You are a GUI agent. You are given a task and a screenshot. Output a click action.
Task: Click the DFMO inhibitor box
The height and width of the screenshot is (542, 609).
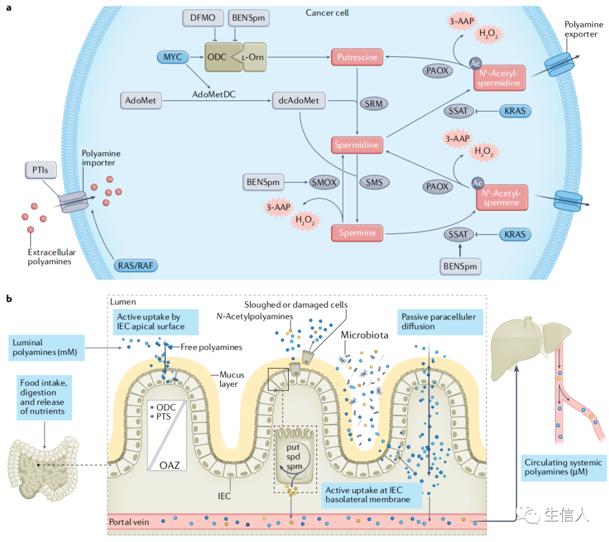(x=203, y=18)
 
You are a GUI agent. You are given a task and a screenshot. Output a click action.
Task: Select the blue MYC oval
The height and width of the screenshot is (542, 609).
(x=173, y=57)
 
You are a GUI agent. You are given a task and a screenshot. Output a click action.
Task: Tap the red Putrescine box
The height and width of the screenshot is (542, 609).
(x=357, y=57)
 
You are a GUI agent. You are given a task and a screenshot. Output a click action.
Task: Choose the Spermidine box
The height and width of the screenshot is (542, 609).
(x=356, y=145)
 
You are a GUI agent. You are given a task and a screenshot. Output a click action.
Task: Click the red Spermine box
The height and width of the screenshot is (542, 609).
(x=357, y=233)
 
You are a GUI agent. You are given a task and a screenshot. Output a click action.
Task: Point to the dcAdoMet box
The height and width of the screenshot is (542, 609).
(x=299, y=100)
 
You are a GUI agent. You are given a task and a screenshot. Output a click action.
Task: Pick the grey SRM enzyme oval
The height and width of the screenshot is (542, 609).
(x=374, y=104)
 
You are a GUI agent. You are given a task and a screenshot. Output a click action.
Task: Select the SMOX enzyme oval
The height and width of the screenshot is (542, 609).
(x=324, y=183)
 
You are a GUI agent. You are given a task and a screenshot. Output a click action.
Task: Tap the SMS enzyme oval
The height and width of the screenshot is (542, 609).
(x=374, y=183)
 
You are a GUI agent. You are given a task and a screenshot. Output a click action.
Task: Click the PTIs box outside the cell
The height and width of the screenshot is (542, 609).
(x=41, y=170)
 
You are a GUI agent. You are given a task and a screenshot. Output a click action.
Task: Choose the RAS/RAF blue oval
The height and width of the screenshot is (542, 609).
(x=135, y=266)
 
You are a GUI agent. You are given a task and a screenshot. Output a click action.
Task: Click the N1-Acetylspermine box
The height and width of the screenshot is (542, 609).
(x=501, y=198)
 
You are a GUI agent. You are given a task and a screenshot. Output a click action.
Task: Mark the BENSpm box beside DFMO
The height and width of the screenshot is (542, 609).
(x=249, y=18)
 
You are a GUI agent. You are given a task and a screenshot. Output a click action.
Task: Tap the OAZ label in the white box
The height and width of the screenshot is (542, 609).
(x=170, y=465)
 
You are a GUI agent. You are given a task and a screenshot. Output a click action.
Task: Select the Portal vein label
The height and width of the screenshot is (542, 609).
(x=129, y=522)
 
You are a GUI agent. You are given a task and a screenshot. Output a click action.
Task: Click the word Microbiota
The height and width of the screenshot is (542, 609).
(x=364, y=335)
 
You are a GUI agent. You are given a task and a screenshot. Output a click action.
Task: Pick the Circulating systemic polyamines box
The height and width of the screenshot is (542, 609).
(x=563, y=468)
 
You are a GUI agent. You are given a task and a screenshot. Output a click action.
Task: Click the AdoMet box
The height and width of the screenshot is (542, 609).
(x=140, y=100)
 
